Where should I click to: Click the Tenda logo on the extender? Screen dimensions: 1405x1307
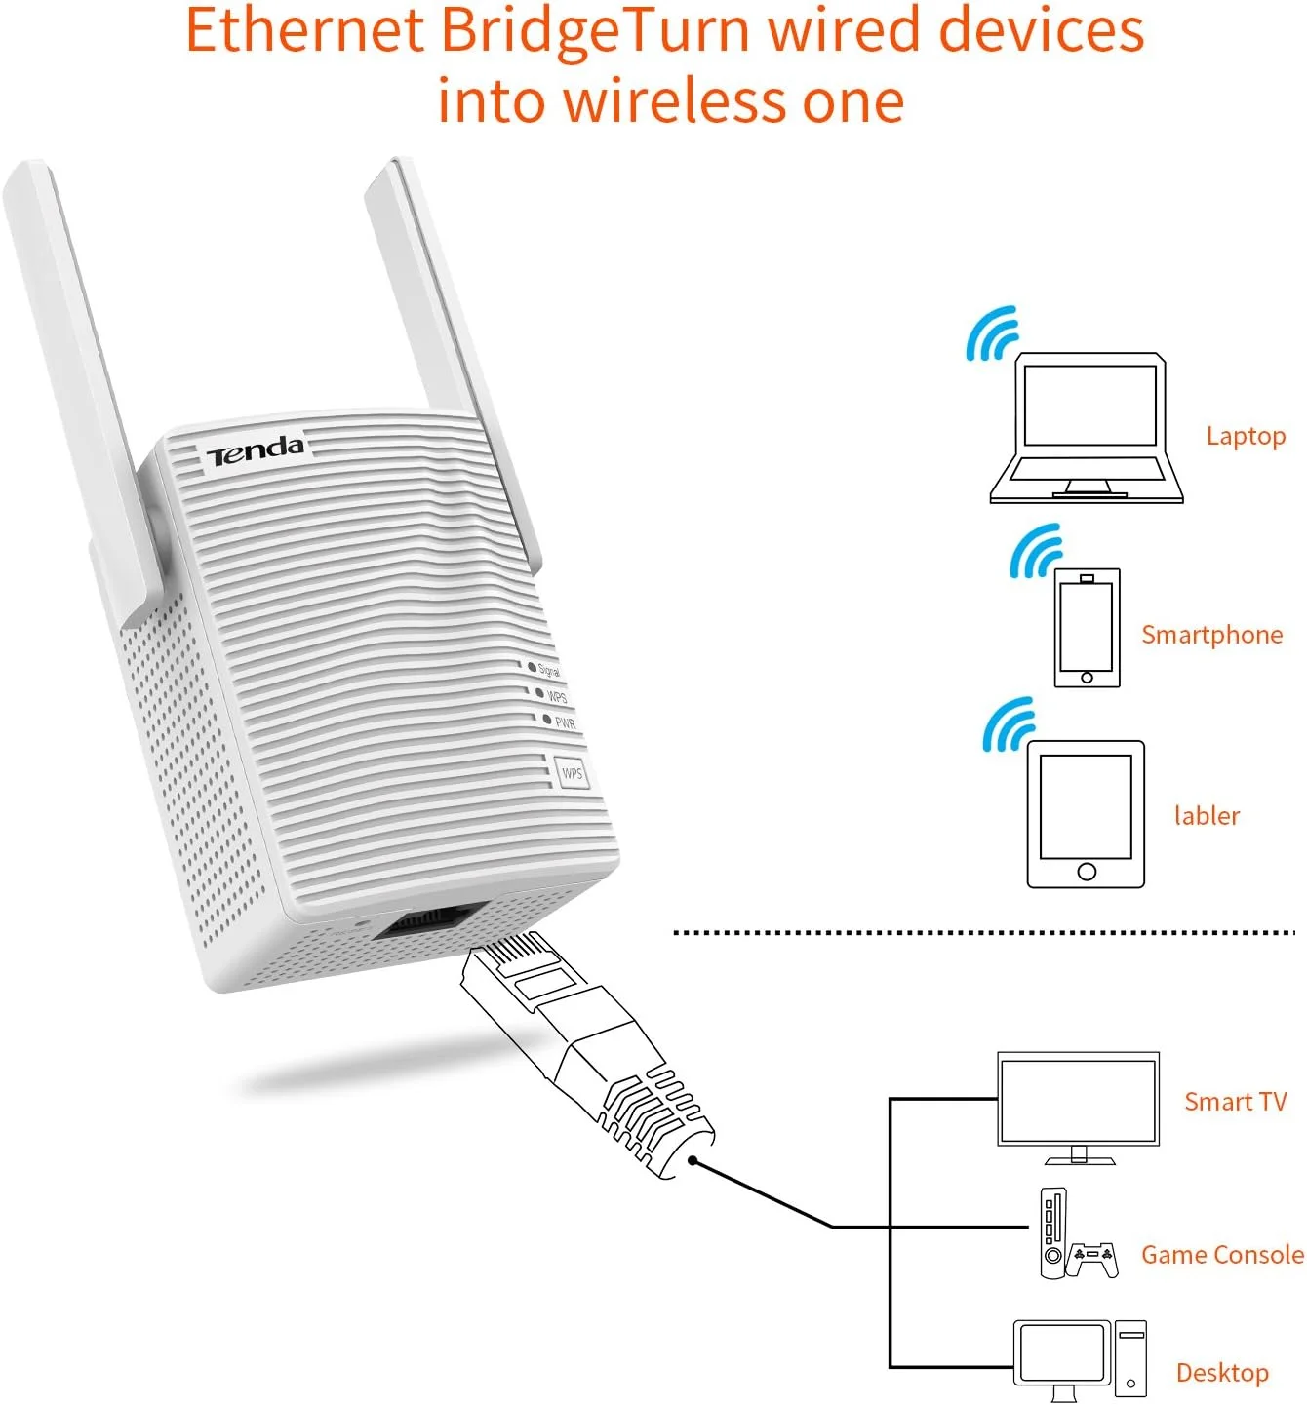pos(255,450)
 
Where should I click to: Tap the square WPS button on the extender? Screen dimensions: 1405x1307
pos(572,773)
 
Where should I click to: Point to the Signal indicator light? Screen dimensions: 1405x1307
pos(533,667)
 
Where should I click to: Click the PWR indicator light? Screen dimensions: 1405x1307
pos(547,719)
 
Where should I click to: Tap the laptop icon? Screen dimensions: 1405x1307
pos(1087,429)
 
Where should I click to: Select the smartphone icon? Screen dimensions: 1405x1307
pos(1087,629)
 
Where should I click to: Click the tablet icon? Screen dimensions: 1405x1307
pos(1086,814)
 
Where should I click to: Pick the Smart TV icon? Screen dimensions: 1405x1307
pos(1078,1106)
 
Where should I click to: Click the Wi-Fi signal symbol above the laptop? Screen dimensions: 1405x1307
pos(991,334)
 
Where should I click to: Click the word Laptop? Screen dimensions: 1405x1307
pos(1246,436)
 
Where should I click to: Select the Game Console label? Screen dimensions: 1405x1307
pos(1222,1255)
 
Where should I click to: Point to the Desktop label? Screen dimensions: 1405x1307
pos(1222,1373)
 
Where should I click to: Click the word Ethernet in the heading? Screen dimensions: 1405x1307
pos(304,31)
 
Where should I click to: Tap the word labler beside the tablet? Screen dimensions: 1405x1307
pos(1207,815)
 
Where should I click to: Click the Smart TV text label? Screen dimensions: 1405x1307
pos(1235,1102)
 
